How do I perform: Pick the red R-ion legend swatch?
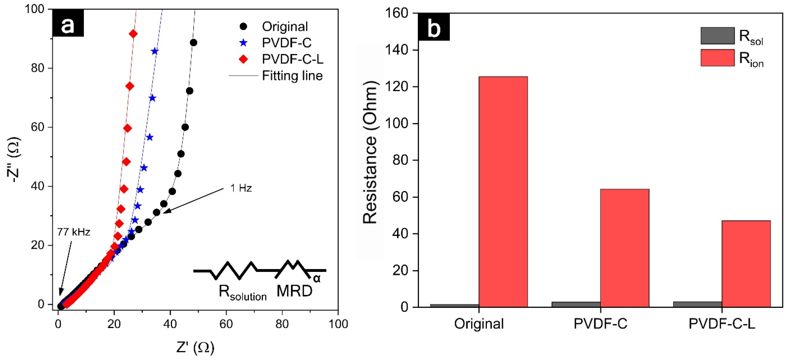(x=717, y=58)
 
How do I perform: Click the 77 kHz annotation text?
(x=74, y=232)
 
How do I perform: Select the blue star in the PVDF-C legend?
(x=243, y=43)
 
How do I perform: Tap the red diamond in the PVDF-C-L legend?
(x=243, y=59)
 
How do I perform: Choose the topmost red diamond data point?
(x=133, y=34)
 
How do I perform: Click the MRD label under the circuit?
(x=294, y=291)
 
